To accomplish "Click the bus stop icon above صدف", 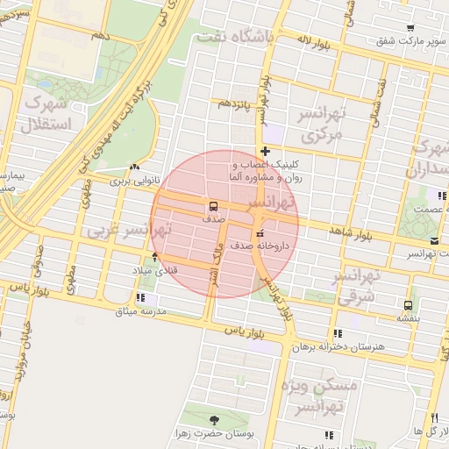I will pos(214,207).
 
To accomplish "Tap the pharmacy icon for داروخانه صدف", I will pos(259,234).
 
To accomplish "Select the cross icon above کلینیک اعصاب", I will pos(265,152).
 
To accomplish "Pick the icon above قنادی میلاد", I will pos(155,257).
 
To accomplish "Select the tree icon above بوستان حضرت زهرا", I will pos(215,420).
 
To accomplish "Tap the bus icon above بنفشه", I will pos(408,305).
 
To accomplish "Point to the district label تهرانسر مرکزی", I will pos(324,125).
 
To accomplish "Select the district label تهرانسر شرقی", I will pos(356,286).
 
